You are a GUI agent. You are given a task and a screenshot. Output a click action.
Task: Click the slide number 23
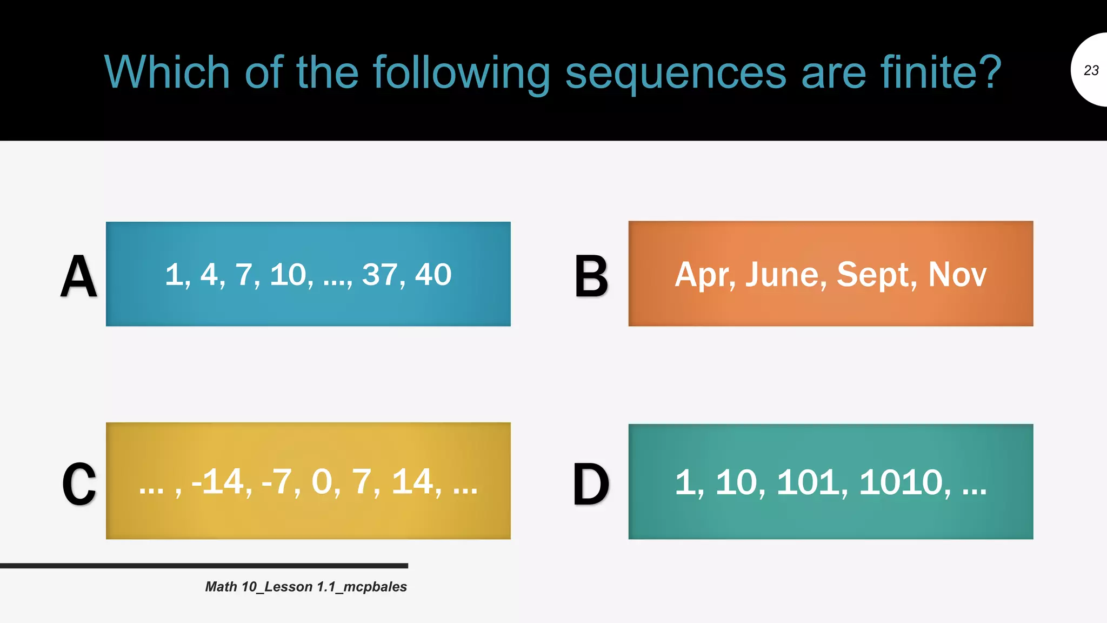click(x=1091, y=70)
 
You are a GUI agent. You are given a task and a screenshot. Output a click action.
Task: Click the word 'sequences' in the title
click(x=676, y=73)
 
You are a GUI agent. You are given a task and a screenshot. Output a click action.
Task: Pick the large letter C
click(x=79, y=484)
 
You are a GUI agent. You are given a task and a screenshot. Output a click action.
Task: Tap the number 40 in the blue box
click(x=433, y=275)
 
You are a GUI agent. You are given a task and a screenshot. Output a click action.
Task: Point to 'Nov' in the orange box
click(x=957, y=275)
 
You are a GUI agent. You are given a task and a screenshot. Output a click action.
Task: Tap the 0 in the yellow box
click(x=322, y=481)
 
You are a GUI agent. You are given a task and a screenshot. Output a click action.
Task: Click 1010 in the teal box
click(x=901, y=482)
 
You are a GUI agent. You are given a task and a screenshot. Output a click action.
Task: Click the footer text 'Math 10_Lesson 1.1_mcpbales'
click(x=306, y=587)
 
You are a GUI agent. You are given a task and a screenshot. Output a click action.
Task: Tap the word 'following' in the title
click(x=462, y=73)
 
